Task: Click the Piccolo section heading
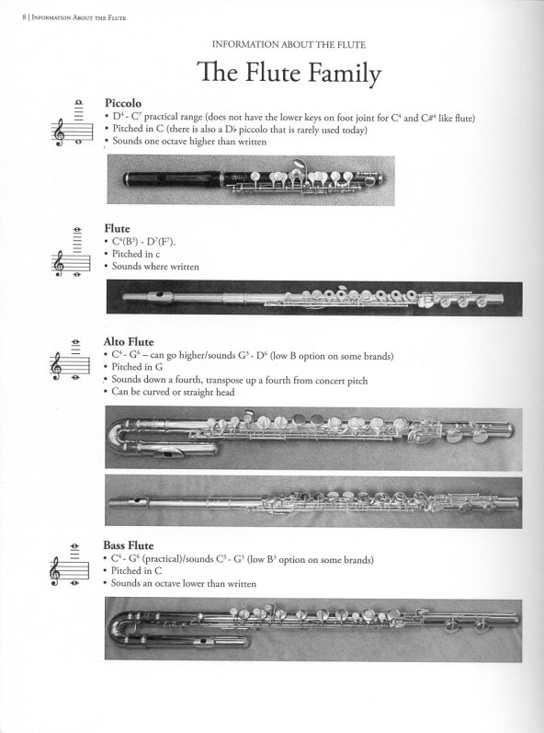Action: pyautogui.click(x=123, y=103)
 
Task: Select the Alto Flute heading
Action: pyautogui.click(x=129, y=342)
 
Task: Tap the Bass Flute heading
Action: pyautogui.click(x=129, y=545)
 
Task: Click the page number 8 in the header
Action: pyautogui.click(x=24, y=17)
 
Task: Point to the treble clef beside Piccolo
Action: pyautogui.click(x=59, y=132)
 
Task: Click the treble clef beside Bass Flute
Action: pyautogui.click(x=55, y=571)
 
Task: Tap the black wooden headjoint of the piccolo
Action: pyautogui.click(x=173, y=178)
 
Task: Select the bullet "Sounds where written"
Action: pyautogui.click(x=155, y=267)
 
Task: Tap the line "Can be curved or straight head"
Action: pyautogui.click(x=173, y=392)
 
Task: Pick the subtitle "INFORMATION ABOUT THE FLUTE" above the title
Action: pyautogui.click(x=289, y=45)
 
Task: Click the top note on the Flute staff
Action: pyautogui.click(x=77, y=230)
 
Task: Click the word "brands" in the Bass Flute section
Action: pyautogui.click(x=358, y=559)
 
